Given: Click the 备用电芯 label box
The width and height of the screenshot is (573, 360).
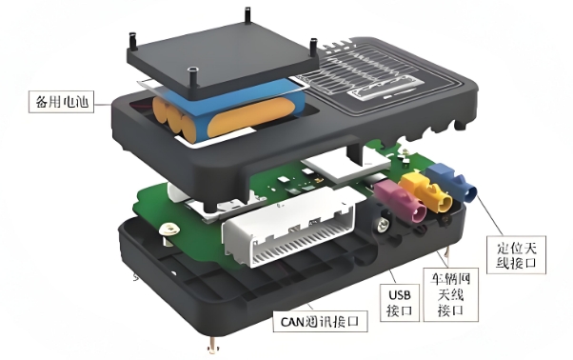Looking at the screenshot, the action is coord(61,102).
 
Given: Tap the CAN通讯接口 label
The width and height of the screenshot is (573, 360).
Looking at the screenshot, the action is coord(320,322).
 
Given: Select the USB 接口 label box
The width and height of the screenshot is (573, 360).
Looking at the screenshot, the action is coord(400,303).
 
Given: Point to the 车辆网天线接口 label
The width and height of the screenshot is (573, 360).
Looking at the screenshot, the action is coord(450,294).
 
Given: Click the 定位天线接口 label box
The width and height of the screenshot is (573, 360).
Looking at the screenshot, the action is coord(516,254).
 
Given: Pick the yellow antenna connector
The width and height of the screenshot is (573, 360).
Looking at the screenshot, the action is coord(426,192).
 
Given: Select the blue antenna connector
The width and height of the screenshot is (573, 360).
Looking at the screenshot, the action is coord(452,182).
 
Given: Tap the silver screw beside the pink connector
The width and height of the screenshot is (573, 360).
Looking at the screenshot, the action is coord(383,224).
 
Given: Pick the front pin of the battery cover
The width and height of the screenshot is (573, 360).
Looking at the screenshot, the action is coord(192,76).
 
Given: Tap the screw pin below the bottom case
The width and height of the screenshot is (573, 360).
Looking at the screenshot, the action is coord(212,346).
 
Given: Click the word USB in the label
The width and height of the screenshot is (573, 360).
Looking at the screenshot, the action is coord(400,294).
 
